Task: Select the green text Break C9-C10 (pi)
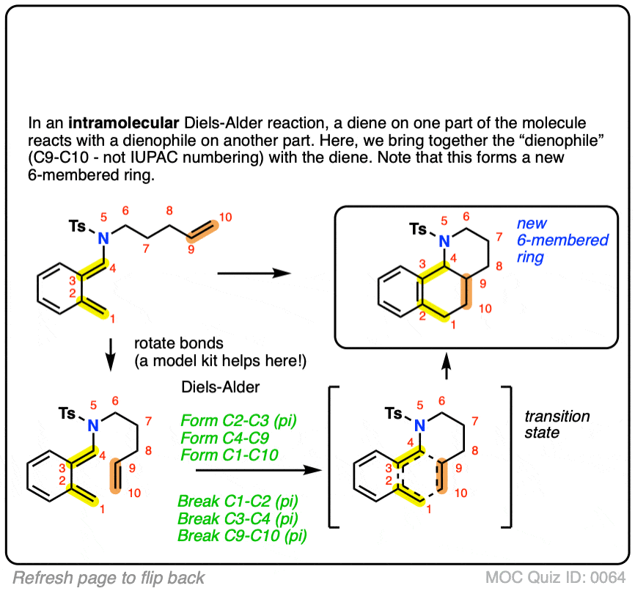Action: click(x=242, y=536)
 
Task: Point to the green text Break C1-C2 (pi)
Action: click(x=236, y=503)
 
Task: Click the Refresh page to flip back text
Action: click(x=109, y=576)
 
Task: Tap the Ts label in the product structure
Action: click(x=416, y=230)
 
